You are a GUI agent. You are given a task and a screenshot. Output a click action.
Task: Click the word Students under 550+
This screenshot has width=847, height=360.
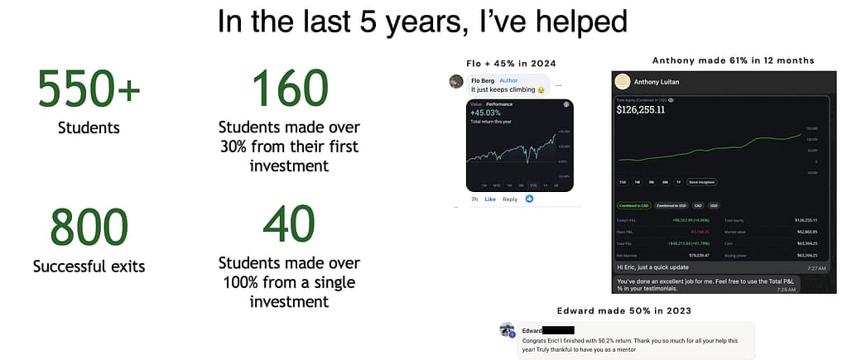(89, 127)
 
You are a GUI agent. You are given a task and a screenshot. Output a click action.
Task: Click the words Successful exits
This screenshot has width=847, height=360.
(89, 266)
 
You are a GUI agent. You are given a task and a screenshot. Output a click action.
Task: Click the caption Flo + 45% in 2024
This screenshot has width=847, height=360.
(510, 64)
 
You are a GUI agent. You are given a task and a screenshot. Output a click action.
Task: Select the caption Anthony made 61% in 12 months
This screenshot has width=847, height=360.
(733, 60)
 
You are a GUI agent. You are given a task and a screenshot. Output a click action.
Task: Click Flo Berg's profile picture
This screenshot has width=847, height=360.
(456, 81)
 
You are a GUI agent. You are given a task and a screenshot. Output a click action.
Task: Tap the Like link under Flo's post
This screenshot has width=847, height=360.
(489, 199)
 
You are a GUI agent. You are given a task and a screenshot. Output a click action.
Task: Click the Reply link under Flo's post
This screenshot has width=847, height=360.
(510, 199)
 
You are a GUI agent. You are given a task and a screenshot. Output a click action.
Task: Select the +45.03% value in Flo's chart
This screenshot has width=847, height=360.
(485, 113)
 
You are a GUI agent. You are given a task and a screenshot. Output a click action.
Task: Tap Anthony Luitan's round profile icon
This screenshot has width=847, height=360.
(623, 81)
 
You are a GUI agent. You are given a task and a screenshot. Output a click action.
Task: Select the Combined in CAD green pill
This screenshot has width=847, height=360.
(633, 205)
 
